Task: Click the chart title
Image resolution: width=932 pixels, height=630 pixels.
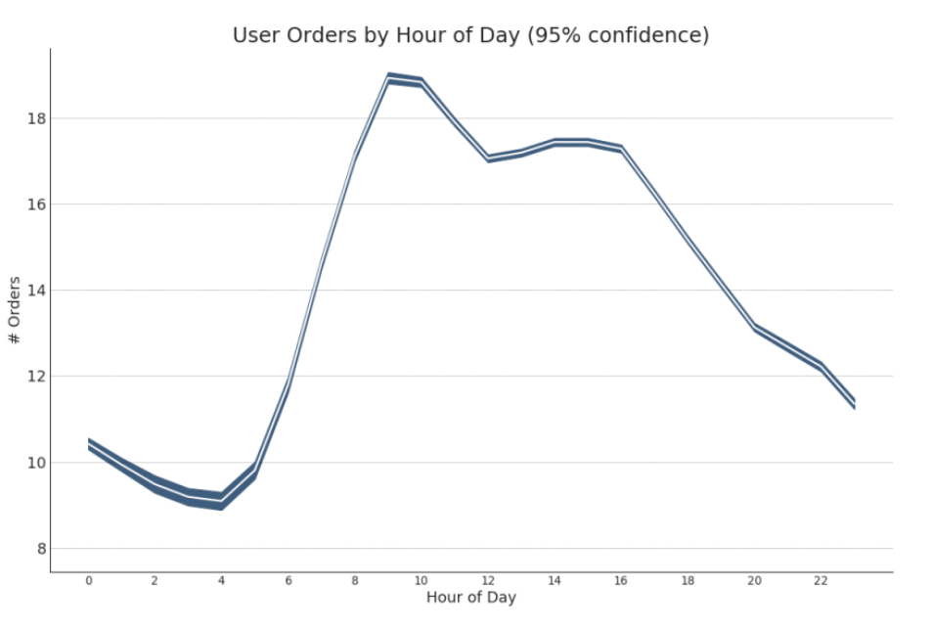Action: click(470, 35)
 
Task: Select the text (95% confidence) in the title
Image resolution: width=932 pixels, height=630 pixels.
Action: click(618, 35)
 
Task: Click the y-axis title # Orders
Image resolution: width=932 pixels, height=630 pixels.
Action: click(15, 310)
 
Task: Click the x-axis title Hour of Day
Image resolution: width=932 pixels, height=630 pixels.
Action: click(470, 598)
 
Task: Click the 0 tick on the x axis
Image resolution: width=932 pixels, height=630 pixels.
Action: click(88, 581)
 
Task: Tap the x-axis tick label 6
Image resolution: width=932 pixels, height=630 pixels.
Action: click(288, 581)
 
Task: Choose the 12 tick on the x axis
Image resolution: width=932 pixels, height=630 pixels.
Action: click(488, 581)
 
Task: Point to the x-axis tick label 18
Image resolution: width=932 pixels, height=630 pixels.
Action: click(688, 581)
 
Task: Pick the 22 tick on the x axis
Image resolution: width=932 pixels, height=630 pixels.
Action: click(821, 581)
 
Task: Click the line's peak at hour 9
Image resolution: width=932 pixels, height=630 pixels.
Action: click(388, 77)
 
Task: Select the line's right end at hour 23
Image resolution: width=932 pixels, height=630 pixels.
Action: click(854, 403)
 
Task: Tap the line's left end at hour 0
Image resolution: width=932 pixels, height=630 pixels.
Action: click(89, 444)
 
